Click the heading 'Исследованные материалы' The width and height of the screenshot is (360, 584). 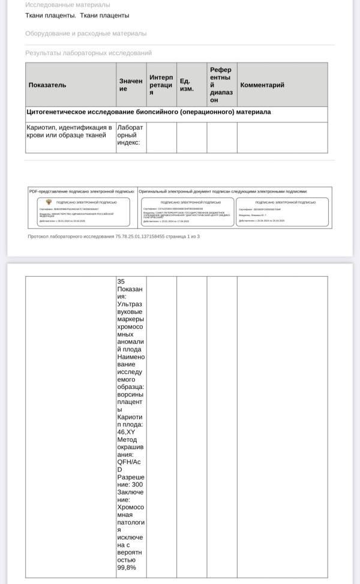pyautogui.click(x=68, y=5)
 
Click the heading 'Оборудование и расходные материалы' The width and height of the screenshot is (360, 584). pyautogui.click(x=86, y=34)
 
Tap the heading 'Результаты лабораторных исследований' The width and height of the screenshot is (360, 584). pyautogui.click(x=88, y=53)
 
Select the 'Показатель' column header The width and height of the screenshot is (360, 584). pyautogui.click(x=47, y=85)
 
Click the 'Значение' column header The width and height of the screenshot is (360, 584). pyautogui.click(x=131, y=85)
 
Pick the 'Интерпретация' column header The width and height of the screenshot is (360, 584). pyautogui.click(x=161, y=85)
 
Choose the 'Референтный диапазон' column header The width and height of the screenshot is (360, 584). pyautogui.click(x=221, y=85)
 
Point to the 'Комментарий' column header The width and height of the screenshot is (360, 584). pyautogui.click(x=262, y=85)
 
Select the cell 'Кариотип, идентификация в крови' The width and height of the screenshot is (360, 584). pyautogui.click(x=69, y=131)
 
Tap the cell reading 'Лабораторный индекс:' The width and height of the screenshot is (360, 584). pyautogui.click(x=130, y=135)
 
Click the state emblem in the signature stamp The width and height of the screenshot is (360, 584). pyautogui.click(x=49, y=202)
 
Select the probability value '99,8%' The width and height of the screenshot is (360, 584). pyautogui.click(x=127, y=568)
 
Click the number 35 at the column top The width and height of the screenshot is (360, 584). pyautogui.click(x=121, y=281)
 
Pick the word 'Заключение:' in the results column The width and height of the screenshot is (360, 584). pyautogui.click(x=131, y=496)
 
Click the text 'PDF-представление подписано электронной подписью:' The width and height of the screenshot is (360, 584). pyautogui.click(x=82, y=191)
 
